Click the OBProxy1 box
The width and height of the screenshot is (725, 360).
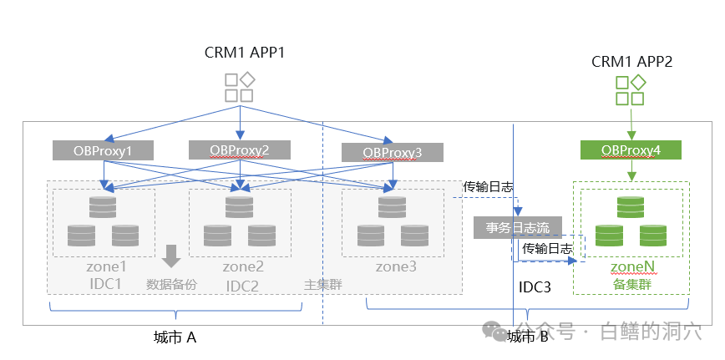tap(104, 150)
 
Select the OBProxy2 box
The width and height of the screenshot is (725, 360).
tap(240, 150)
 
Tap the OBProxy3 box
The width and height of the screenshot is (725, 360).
tap(393, 152)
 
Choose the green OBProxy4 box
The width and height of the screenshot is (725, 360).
tap(631, 150)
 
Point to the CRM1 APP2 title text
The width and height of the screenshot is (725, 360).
tap(631, 62)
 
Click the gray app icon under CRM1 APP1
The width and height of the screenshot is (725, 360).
tap(240, 88)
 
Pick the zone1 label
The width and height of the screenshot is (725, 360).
tap(106, 267)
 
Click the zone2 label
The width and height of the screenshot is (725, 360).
tap(243, 267)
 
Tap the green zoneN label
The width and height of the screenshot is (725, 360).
tap(631, 267)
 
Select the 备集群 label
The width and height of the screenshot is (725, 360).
tap(631, 284)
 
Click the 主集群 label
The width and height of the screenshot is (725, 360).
tap(323, 285)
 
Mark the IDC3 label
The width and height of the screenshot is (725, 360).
tap(535, 287)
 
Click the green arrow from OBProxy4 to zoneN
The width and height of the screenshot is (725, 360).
tap(631, 170)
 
